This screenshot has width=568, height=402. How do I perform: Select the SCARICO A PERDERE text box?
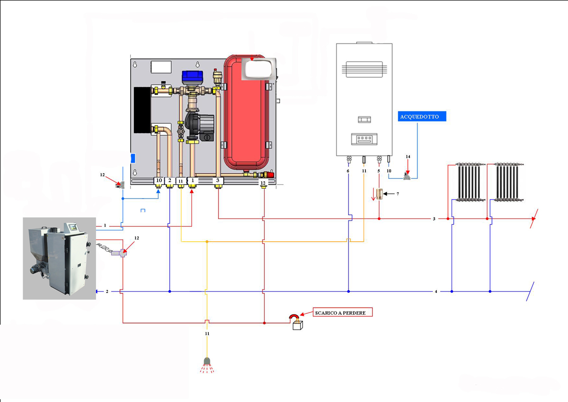[343, 313]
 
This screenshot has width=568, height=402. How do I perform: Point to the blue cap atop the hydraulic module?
[192, 76]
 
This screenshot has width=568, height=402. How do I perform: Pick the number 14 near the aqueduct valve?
[408, 156]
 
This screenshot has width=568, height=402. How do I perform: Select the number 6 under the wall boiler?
[348, 171]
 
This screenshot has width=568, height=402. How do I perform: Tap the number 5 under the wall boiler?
[379, 171]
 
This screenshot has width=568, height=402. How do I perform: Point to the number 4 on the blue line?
[435, 291]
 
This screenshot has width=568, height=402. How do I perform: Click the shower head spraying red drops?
[207, 363]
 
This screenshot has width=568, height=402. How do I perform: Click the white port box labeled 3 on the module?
[218, 181]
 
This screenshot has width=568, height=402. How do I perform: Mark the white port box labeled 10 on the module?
[159, 181]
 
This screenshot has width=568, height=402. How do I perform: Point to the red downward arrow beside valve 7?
[373, 194]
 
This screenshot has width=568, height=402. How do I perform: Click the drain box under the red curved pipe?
[297, 325]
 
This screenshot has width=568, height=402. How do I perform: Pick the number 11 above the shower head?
[207, 334]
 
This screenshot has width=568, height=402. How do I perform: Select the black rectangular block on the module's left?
[142, 110]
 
